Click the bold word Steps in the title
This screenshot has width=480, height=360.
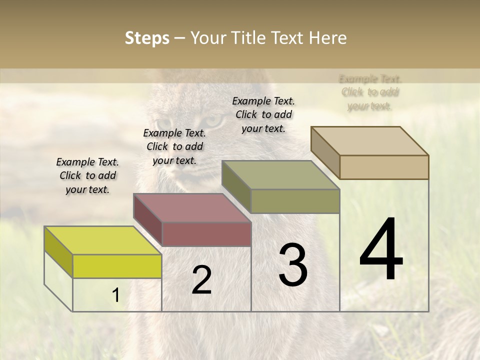147,38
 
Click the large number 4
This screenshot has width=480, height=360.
381,250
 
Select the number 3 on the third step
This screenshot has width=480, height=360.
293,265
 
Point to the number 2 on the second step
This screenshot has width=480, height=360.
201,280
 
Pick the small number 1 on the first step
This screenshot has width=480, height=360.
115,295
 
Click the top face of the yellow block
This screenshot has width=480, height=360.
103,240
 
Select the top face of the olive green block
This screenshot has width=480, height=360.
281,175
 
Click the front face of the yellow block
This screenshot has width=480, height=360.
117,266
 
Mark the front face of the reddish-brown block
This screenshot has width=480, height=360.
206,234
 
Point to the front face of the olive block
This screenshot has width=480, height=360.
295,201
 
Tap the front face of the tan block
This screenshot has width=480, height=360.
384,167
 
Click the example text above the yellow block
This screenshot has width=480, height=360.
87,175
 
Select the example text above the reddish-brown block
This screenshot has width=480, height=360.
174,146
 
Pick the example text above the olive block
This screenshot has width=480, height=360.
263,114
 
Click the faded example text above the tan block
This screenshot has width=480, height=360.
370,92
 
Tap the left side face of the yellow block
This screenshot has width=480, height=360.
58,251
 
